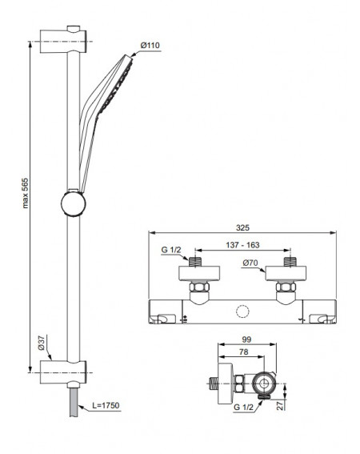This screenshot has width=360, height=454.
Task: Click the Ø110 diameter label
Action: point(150,46)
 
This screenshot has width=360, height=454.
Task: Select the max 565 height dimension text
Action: point(26,193)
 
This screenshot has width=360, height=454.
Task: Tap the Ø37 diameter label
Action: point(42,344)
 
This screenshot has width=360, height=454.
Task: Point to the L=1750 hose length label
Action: point(106,405)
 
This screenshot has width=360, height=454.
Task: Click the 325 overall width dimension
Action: point(242,228)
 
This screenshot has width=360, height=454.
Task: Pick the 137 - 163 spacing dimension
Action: point(242,245)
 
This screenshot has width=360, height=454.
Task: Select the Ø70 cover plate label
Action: point(250,263)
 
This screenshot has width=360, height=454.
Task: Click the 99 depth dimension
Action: point(246,339)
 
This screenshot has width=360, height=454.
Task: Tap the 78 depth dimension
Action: point(244,352)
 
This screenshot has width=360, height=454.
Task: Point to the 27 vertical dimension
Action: point(280,406)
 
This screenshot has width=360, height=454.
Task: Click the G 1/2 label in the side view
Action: point(243,407)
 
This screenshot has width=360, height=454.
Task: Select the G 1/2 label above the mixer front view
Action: point(170,250)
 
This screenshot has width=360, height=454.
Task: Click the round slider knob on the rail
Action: point(74,203)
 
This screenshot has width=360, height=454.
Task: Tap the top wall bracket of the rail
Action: point(63,41)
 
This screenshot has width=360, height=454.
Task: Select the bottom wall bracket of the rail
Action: point(63,373)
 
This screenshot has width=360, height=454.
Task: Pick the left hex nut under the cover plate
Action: point(199,287)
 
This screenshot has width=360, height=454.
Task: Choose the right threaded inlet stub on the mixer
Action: point(290,262)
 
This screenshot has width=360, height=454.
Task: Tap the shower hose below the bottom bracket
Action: point(74,403)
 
